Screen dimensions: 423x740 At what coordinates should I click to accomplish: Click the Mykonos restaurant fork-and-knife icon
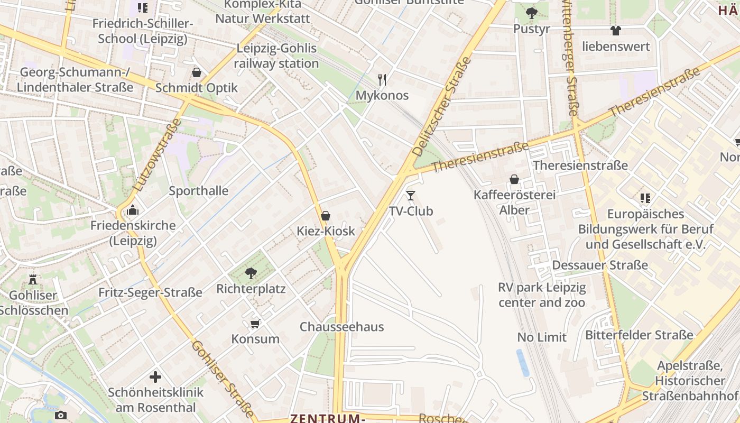[x=382, y=80]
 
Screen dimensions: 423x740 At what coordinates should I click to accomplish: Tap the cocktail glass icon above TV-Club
[x=411, y=196]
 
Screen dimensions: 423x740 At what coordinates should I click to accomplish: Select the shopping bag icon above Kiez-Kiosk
[x=326, y=216]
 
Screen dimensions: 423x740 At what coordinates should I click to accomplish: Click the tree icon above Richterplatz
[x=251, y=273]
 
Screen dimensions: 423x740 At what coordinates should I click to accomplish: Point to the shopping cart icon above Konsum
[x=255, y=323]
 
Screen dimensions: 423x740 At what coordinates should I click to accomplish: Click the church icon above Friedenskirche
[x=133, y=210]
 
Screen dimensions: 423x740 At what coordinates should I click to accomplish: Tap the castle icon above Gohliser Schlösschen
[x=33, y=279]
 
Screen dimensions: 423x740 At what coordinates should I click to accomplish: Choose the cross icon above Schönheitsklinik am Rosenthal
[x=155, y=377]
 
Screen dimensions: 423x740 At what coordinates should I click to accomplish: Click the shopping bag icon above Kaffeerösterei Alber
[x=514, y=179]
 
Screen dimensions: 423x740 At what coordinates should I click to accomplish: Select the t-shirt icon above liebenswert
[x=616, y=31]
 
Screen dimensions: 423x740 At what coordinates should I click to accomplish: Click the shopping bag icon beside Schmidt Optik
[x=197, y=72]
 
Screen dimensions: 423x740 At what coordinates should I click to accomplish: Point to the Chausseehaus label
[x=341, y=327]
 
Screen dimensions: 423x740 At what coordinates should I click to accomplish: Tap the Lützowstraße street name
[x=158, y=155]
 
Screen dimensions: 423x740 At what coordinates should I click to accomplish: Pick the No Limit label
[x=542, y=337]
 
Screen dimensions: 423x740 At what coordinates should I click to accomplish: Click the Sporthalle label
[x=199, y=191]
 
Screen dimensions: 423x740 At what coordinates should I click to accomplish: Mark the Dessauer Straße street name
[x=600, y=265]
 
